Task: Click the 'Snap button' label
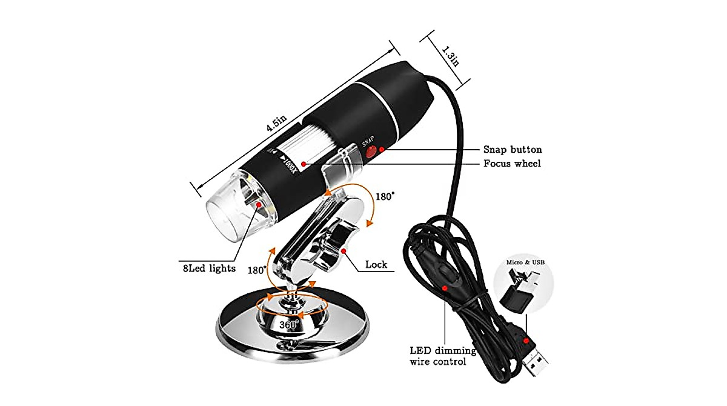tap(512, 149)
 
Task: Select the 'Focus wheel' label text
tap(512, 164)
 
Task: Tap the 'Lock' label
tap(376, 265)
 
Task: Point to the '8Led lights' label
tap(205, 268)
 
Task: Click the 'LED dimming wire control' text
tap(443, 356)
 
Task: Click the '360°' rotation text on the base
tap(290, 325)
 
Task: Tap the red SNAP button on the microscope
tap(371, 152)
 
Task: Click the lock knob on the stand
tap(335, 247)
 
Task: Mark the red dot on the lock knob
tap(344, 250)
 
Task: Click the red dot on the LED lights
tap(259, 206)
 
